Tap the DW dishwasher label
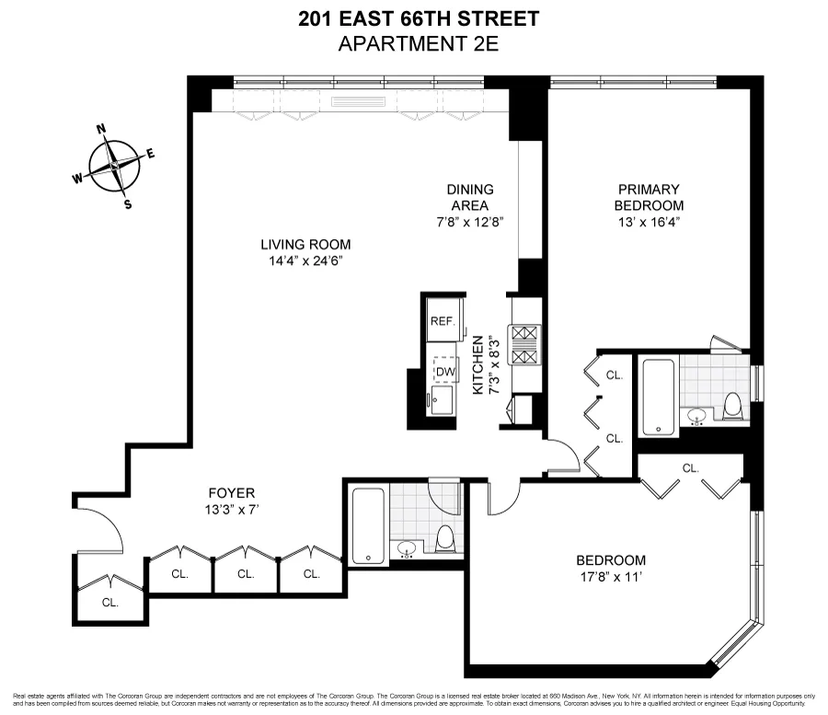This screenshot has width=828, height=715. coord(445,371)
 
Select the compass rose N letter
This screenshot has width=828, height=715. coord(104,130)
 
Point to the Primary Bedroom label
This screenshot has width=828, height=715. coord(650,197)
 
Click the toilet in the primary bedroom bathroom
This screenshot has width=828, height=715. coord(733,407)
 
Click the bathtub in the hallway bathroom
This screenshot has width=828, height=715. coord(367,525)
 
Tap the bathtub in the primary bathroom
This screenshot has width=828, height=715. coord(657,398)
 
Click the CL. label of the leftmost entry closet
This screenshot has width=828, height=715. coord(110,603)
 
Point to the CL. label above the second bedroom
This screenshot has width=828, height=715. coord(690,467)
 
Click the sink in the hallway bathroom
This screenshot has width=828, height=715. coord(406,550)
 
